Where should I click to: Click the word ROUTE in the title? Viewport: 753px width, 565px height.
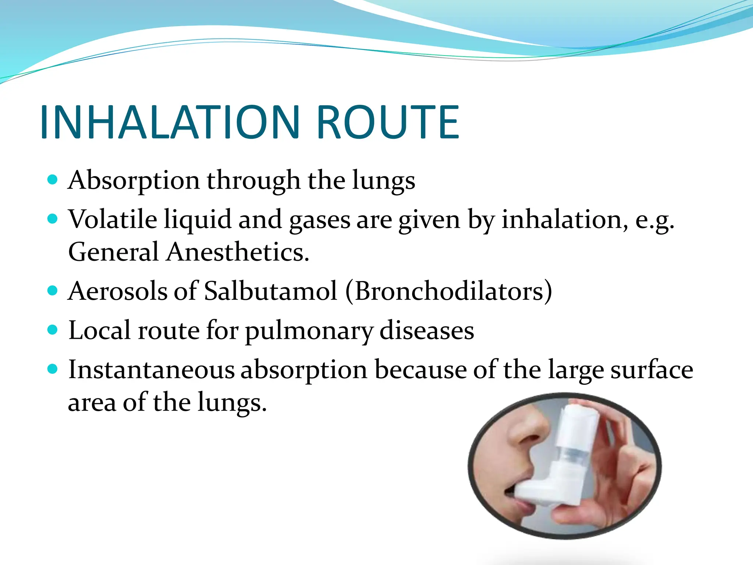pyautogui.click(x=388, y=122)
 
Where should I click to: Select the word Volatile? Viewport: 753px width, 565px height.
pyautogui.click(x=113, y=220)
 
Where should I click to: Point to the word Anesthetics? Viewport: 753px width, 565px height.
pyautogui.click(x=238, y=252)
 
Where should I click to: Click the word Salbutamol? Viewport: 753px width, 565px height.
pyautogui.click(x=271, y=291)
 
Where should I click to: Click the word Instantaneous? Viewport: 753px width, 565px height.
pyautogui.click(x=151, y=370)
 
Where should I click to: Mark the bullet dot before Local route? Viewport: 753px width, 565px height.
pyautogui.click(x=53, y=330)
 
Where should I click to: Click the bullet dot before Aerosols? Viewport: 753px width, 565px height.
pyautogui.click(x=53, y=291)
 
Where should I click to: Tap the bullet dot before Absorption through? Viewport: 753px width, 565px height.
pyautogui.click(x=53, y=180)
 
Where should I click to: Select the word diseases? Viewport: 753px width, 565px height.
pyautogui.click(x=427, y=330)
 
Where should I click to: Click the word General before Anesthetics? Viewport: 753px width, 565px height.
pyautogui.click(x=113, y=252)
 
